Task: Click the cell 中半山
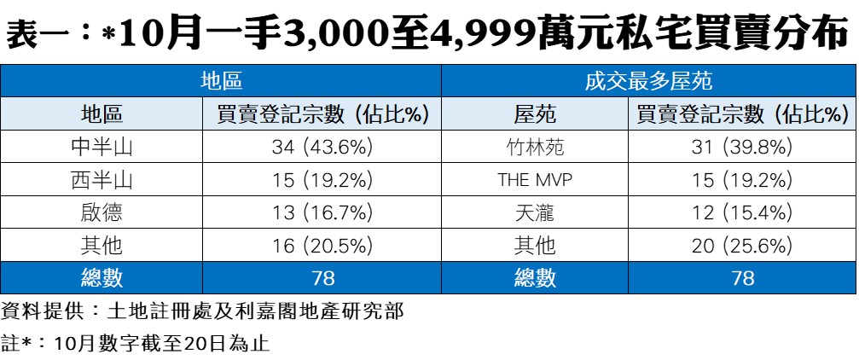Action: pyautogui.click(x=102, y=147)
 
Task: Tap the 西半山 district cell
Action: pyautogui.click(x=102, y=180)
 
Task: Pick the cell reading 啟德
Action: pyautogui.click(x=102, y=212)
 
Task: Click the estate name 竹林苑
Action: pyautogui.click(x=535, y=147)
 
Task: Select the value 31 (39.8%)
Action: pyautogui.click(x=742, y=147)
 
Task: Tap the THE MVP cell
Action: pyautogui.click(x=535, y=180)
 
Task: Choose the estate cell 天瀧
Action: pyautogui.click(x=535, y=212)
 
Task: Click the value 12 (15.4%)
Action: pyautogui.click(x=742, y=212)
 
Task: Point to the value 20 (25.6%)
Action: pyautogui.click(x=742, y=246)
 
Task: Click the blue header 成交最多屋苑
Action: pyautogui.click(x=648, y=82)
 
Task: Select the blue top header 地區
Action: pyautogui.click(x=221, y=82)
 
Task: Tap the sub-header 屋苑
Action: pyautogui.click(x=535, y=114)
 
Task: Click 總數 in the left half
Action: pyautogui.click(x=102, y=278)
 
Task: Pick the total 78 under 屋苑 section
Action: pyautogui.click(x=742, y=278)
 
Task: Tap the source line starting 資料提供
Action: pyautogui.click(x=202, y=311)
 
